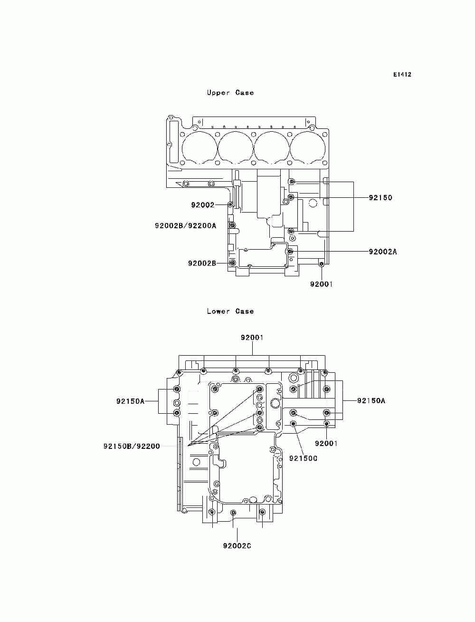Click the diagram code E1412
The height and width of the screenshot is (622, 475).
(402, 75)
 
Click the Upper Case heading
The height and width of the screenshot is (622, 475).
(230, 93)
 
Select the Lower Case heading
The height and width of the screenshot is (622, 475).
(230, 311)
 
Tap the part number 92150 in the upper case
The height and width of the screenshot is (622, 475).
(380, 198)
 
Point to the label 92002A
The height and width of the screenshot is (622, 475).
(382, 252)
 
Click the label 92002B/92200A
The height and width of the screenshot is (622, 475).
(185, 226)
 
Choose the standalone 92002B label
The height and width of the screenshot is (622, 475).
(202, 263)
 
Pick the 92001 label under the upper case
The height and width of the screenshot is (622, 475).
(322, 284)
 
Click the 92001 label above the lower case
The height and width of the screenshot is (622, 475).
(252, 338)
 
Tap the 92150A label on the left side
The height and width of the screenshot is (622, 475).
(130, 401)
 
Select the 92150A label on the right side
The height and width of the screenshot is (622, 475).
(371, 401)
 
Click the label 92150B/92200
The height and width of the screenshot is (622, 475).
(132, 446)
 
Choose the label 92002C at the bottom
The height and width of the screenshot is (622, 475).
(237, 545)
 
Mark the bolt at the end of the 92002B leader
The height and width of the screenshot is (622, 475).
(232, 263)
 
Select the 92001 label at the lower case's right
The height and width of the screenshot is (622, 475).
(326, 443)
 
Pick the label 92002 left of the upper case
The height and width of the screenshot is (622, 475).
(203, 205)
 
